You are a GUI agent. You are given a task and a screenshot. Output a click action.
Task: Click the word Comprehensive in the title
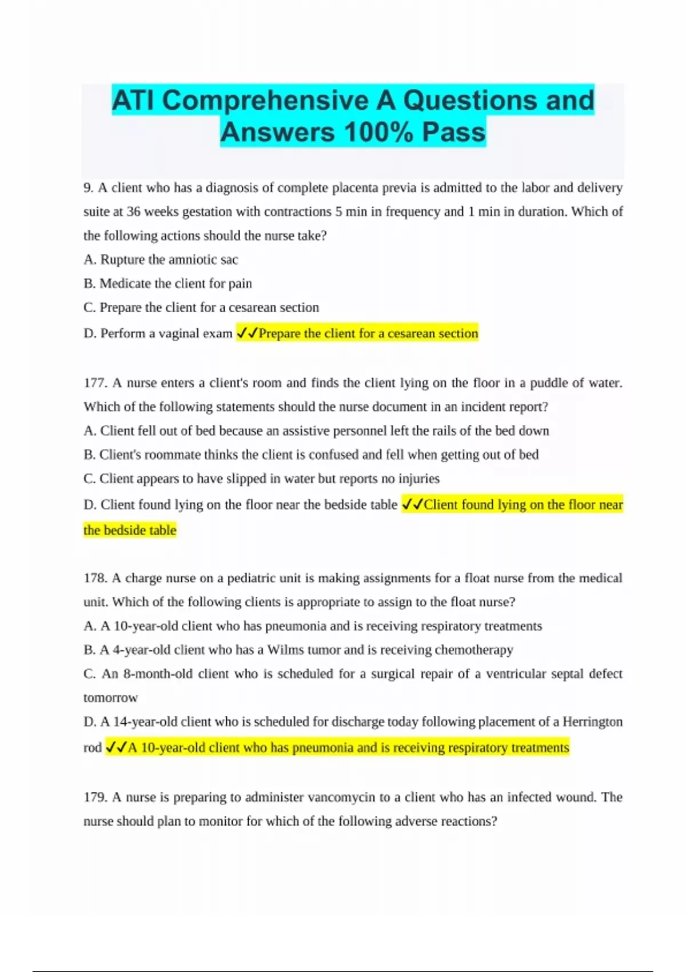[265, 101]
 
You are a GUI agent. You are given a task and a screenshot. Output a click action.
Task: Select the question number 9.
[88, 188]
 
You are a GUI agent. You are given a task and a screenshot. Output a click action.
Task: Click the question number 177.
[94, 383]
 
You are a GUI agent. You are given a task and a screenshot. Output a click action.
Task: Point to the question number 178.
[94, 578]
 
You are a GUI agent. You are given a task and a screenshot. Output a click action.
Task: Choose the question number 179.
[94, 797]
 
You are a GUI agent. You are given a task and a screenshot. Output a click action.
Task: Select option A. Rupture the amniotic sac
[161, 260]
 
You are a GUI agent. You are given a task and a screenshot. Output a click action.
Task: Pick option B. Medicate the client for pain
[167, 284]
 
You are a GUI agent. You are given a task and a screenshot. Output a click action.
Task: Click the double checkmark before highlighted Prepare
[247, 333]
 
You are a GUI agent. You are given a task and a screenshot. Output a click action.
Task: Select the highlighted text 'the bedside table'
[130, 530]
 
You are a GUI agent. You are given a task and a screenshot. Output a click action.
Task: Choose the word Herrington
[592, 722]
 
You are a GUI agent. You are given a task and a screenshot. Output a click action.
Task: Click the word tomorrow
[110, 698]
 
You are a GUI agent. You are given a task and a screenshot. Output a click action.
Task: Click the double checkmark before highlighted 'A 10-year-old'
[116, 747]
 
